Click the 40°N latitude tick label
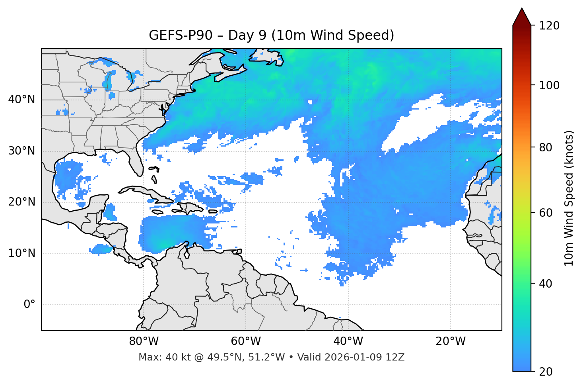click(21, 100)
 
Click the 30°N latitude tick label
click(21, 151)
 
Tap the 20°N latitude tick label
click(21, 202)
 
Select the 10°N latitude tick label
click(21, 253)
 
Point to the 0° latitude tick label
click(29, 305)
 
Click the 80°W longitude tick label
click(144, 341)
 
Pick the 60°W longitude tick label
click(246, 341)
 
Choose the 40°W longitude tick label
click(348, 341)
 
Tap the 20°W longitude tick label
click(450, 341)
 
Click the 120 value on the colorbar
click(549, 26)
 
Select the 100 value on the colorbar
click(549, 85)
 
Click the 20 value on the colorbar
click(546, 372)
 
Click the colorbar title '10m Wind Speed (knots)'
click(569, 198)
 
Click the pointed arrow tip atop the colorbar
click(522, 10)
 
